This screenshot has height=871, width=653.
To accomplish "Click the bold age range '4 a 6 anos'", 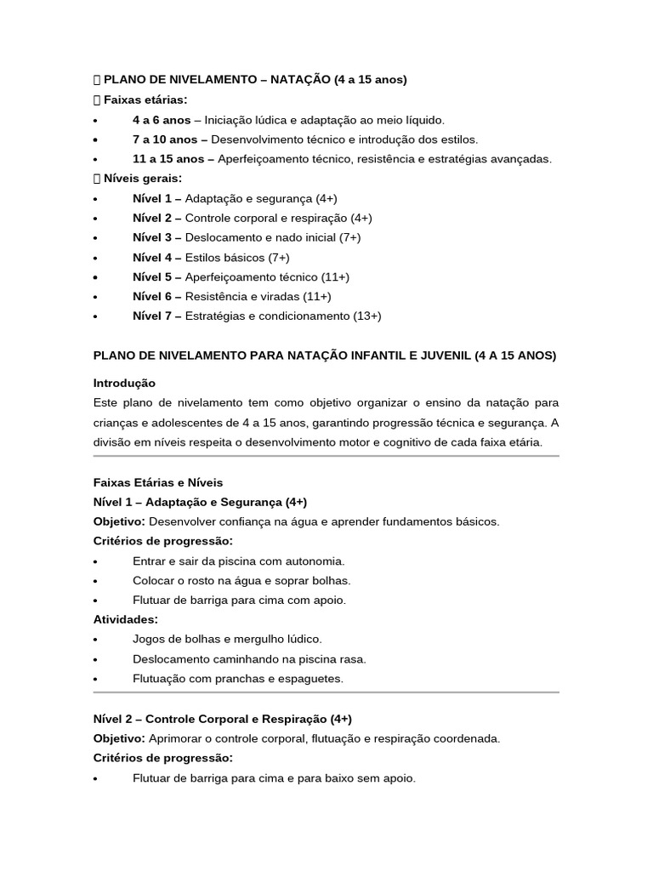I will [162, 120].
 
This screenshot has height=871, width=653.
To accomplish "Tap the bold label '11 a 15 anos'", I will [168, 159].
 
